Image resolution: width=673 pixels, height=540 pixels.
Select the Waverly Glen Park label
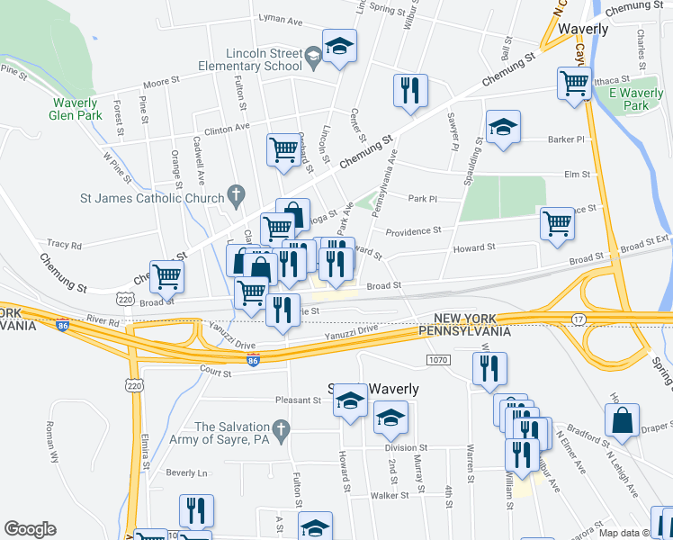(74, 109)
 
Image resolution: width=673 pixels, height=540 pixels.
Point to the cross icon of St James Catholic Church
(237, 193)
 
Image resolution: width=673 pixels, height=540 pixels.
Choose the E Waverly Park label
(635, 99)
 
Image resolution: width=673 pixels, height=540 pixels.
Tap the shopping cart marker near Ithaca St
(573, 84)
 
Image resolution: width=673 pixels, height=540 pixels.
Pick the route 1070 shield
(437, 360)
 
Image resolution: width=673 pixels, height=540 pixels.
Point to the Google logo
(30, 529)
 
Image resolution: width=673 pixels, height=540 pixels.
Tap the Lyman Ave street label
(280, 19)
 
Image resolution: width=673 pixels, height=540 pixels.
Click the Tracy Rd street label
(64, 244)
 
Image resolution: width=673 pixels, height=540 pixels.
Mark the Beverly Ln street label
(186, 472)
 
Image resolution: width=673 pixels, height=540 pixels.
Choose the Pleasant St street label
(298, 400)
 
